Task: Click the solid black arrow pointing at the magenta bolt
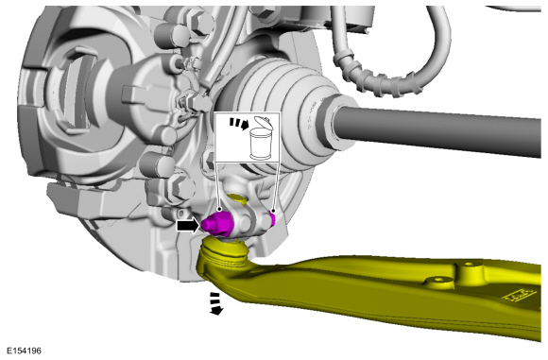[x=188, y=226]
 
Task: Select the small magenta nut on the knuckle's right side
[x=272, y=218]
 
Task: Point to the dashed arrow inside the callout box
[x=239, y=124]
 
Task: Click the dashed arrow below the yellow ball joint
[x=215, y=303]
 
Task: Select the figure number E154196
[x=25, y=351]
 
